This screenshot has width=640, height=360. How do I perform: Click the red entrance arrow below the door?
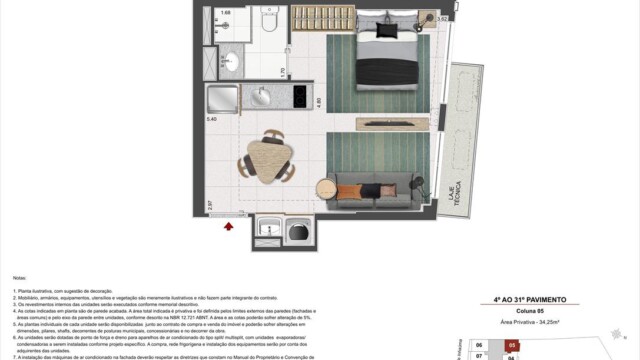pyautogui.click(x=229, y=227)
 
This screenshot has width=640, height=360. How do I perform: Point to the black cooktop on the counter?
pyautogui.click(x=299, y=97)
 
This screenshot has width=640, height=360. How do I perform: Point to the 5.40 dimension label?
pyautogui.click(x=211, y=119)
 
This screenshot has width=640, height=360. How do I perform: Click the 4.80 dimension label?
pyautogui.click(x=319, y=102)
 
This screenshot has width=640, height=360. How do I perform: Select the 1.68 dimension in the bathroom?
pyautogui.click(x=225, y=13)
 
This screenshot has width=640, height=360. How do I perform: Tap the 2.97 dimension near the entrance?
pyautogui.click(x=211, y=205)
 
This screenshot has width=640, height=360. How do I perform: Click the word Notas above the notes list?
pyautogui.click(x=20, y=278)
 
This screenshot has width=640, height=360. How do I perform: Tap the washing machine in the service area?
pyautogui.click(x=297, y=232)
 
